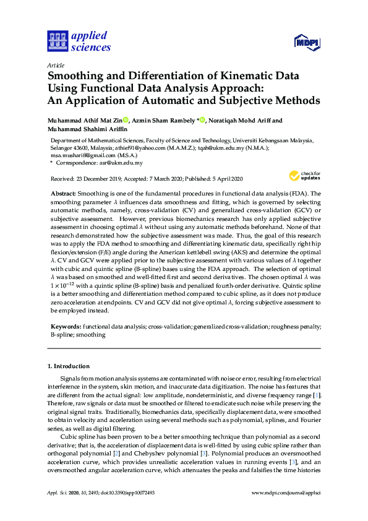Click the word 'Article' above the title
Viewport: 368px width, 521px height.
point(56,65)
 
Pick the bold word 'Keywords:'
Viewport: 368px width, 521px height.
point(66,325)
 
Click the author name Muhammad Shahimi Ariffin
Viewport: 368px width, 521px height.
point(88,129)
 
